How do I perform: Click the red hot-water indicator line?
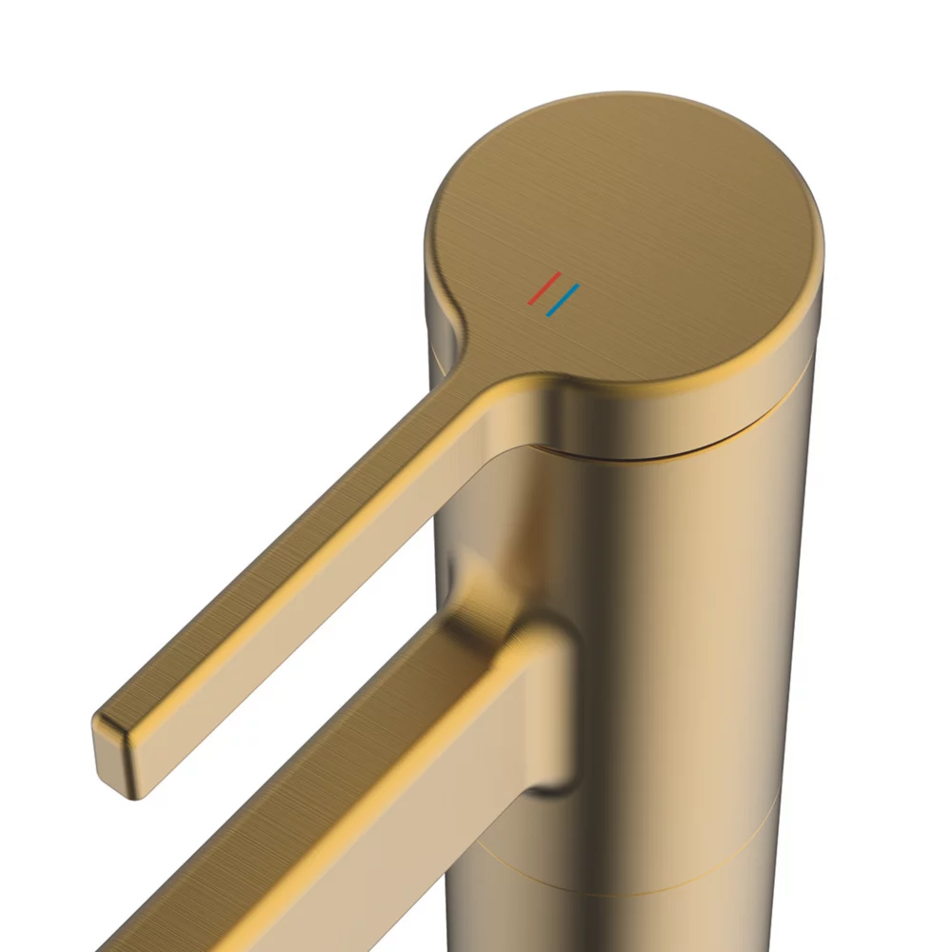[545, 288]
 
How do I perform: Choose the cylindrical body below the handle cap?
[685, 619]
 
